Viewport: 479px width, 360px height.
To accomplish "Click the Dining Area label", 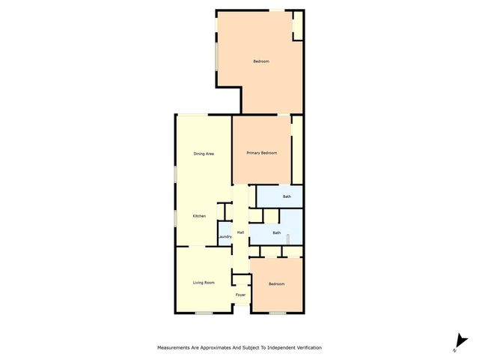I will tap(204, 154).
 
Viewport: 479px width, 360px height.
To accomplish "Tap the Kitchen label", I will tap(199, 217).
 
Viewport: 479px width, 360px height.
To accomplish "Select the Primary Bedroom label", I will tap(262, 153).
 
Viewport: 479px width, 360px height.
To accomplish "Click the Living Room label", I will tap(204, 283).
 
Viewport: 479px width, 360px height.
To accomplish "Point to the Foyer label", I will tap(240, 295).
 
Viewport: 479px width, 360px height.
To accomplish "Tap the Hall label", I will tap(240, 233).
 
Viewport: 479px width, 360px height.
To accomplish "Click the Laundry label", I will tap(225, 238).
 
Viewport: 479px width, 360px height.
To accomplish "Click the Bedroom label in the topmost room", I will tap(260, 61).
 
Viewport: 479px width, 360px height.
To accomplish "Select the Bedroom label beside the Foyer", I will tap(277, 284).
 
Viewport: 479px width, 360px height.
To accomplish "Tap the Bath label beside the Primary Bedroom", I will tap(287, 196).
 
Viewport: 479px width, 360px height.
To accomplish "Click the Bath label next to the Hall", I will tap(277, 232).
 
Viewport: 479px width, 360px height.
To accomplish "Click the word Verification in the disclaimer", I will tap(307, 348).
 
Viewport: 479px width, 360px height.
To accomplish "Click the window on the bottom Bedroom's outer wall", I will tap(278, 312).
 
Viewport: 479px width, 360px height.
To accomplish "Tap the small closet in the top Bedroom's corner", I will tap(298, 25).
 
